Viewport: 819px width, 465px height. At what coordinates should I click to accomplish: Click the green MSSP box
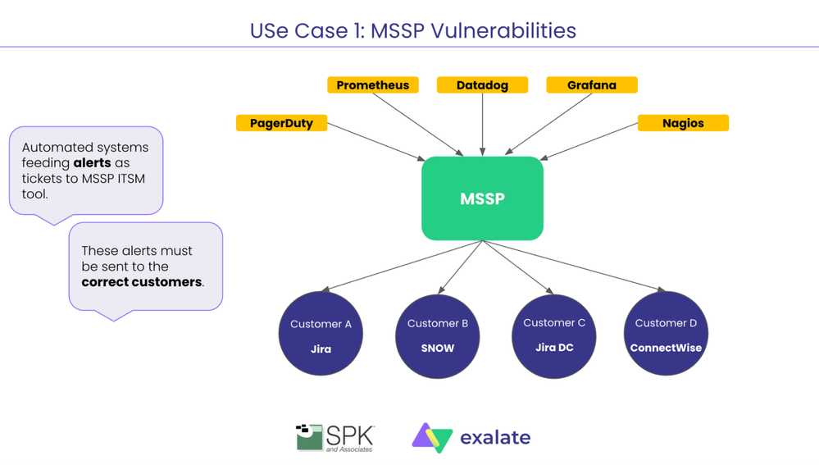(x=482, y=198)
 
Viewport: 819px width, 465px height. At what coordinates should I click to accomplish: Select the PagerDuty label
(x=281, y=123)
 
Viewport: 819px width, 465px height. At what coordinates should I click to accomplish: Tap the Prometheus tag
(x=373, y=85)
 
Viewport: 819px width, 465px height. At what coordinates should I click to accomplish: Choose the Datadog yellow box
(x=482, y=85)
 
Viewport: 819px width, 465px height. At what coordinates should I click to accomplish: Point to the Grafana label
(x=592, y=85)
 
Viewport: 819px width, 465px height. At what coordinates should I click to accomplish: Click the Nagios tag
(x=683, y=123)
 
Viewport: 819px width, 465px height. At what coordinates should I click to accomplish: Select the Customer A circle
(x=321, y=334)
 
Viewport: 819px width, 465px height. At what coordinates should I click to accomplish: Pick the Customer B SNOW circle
(x=437, y=334)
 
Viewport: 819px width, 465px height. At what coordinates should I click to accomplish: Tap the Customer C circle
(x=554, y=334)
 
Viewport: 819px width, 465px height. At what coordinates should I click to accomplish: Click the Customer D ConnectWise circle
(x=666, y=334)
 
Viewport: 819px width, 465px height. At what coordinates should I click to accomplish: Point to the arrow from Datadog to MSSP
(x=482, y=123)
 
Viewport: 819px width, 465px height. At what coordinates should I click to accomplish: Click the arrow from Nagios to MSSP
(x=590, y=142)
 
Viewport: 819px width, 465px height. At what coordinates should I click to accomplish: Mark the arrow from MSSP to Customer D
(x=574, y=265)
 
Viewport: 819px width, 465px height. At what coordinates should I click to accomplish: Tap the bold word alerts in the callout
(x=92, y=163)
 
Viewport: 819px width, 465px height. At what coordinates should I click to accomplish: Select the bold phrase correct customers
(x=141, y=282)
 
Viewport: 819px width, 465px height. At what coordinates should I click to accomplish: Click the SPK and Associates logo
(x=334, y=438)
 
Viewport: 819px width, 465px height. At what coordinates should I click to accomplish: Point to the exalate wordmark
(x=495, y=438)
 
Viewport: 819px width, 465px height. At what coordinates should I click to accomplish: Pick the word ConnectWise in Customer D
(x=666, y=348)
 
